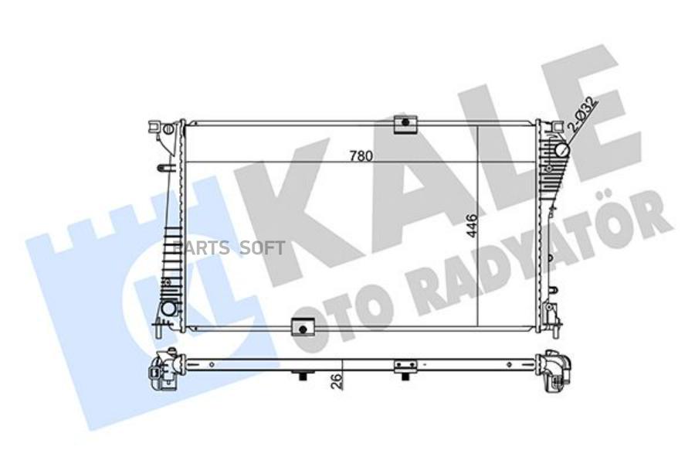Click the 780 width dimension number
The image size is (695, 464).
[x=361, y=155]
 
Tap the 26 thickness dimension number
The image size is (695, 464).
[x=334, y=382]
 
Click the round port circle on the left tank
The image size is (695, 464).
[x=168, y=308]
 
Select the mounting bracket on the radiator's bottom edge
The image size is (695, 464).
[x=303, y=328]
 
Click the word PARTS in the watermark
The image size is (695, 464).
[x=200, y=248]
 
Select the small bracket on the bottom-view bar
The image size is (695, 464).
[x=405, y=365]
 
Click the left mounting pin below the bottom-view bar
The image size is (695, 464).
[x=302, y=377]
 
